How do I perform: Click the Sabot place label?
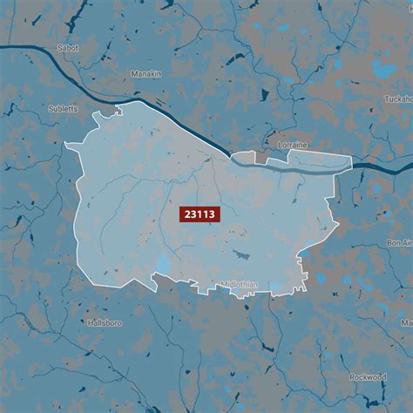(x=67, y=49)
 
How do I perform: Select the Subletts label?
(x=64, y=110)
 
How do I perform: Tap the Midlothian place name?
(x=240, y=284)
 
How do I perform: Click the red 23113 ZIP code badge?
(x=200, y=214)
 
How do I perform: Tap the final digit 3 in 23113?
(x=212, y=214)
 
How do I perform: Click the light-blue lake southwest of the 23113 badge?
(x=164, y=264)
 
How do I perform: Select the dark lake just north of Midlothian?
(x=240, y=254)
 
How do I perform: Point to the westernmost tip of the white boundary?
(x=65, y=145)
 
